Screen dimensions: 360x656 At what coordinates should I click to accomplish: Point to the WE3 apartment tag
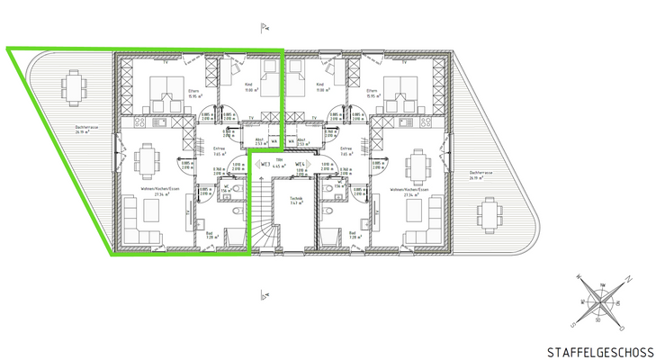click(x=266, y=164)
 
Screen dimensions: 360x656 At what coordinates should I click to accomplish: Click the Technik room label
click(x=295, y=201)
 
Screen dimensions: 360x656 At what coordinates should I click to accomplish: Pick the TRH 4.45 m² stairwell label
click(x=280, y=162)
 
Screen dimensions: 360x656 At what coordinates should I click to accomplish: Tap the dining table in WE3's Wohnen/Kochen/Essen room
click(x=147, y=164)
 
